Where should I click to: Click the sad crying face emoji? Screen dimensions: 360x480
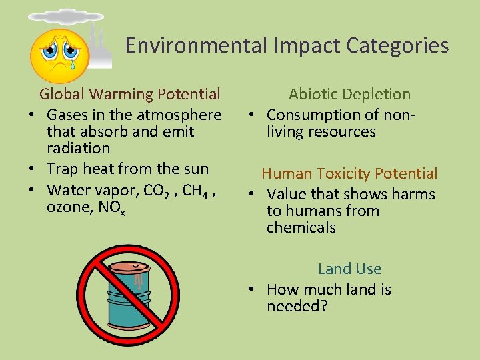click(60, 55)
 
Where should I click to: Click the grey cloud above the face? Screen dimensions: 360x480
click(65, 17)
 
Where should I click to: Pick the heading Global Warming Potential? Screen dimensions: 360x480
click(130, 94)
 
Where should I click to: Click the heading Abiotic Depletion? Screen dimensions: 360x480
click(349, 94)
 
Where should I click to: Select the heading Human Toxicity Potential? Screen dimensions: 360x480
click(349, 173)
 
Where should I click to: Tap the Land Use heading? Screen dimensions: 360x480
click(349, 269)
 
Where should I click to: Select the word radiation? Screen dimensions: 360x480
click(78, 148)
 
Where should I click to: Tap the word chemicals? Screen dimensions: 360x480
click(301, 227)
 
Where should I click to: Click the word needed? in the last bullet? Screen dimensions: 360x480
click(297, 307)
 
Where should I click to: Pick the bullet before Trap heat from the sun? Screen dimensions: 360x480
click(31, 169)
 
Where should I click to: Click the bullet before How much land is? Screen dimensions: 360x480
click(250, 290)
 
